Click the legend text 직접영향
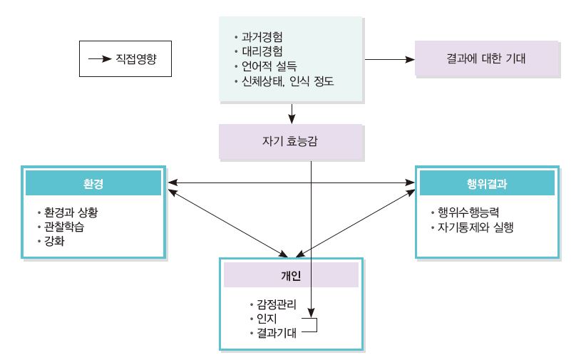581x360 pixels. click(x=134, y=58)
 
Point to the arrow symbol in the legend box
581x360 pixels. click(x=100, y=58)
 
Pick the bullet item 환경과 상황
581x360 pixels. click(x=76, y=213)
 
